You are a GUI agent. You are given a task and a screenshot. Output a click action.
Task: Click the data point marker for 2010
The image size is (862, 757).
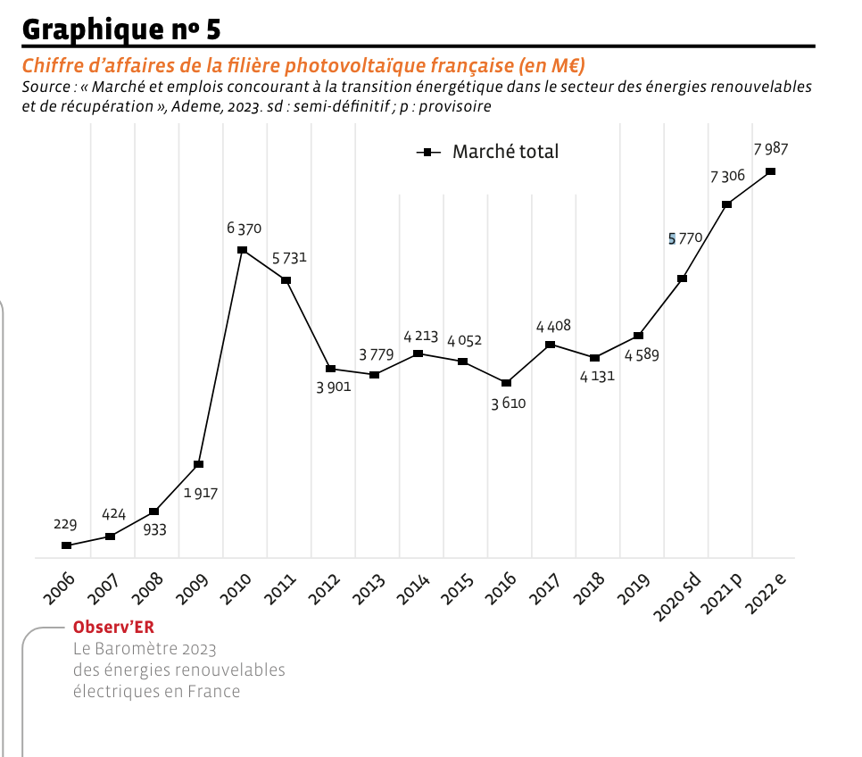[242, 250]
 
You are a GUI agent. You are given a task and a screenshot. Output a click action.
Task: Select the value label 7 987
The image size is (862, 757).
[770, 149]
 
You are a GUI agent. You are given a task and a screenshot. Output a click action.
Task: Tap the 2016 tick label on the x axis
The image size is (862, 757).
[504, 590]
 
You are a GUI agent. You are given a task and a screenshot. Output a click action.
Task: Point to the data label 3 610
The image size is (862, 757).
[509, 403]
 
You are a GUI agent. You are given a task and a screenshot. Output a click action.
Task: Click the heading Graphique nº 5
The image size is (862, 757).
[121, 29]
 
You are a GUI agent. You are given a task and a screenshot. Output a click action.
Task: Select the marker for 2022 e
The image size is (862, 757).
[771, 171]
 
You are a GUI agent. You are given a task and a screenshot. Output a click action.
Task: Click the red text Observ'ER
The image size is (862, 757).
[113, 627]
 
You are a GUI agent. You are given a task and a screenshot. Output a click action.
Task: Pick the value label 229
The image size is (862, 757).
[65, 524]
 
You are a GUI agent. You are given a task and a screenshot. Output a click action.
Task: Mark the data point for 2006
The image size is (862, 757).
[66, 545]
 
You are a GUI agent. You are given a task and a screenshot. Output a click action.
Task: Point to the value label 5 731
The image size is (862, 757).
[289, 258]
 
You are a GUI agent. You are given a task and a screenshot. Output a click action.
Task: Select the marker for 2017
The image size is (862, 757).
[551, 345]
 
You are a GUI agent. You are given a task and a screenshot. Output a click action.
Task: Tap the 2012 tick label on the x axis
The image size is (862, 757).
[328, 590]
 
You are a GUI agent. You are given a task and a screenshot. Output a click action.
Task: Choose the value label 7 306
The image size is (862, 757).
[727, 176]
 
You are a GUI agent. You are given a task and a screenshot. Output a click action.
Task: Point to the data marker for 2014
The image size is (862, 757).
[419, 354]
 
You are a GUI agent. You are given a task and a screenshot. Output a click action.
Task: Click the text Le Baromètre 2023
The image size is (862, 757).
[145, 648]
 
